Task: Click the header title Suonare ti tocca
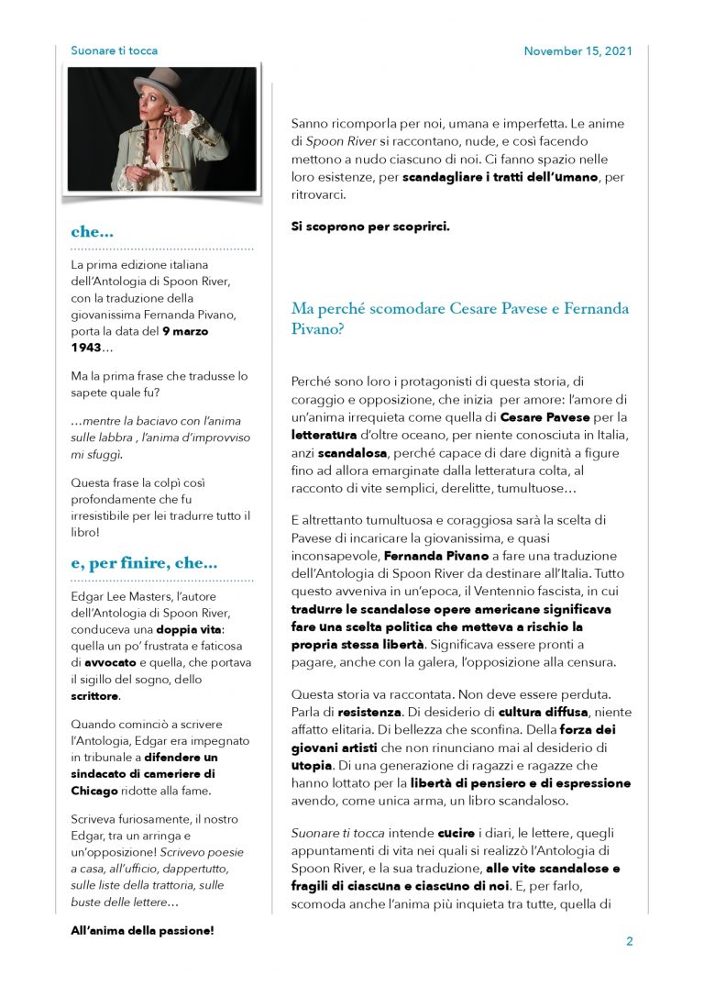(x=114, y=51)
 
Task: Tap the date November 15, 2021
(x=577, y=51)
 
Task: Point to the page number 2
(x=630, y=941)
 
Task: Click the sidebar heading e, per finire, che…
(x=144, y=564)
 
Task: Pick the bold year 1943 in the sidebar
(x=86, y=348)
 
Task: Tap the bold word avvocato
(x=111, y=662)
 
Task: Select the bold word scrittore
(x=94, y=696)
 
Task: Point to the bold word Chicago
(x=94, y=791)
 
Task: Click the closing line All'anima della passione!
(x=142, y=930)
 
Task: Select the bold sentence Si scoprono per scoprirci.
(x=370, y=226)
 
